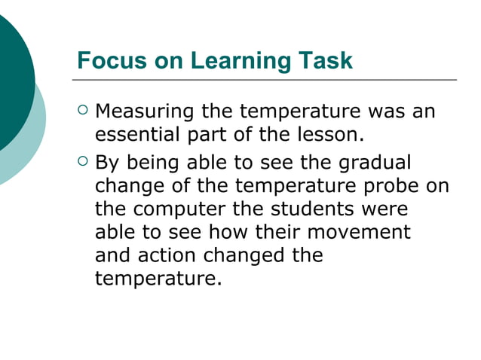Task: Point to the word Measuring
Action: (145, 114)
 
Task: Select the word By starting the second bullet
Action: (106, 163)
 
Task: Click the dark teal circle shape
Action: (11, 83)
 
